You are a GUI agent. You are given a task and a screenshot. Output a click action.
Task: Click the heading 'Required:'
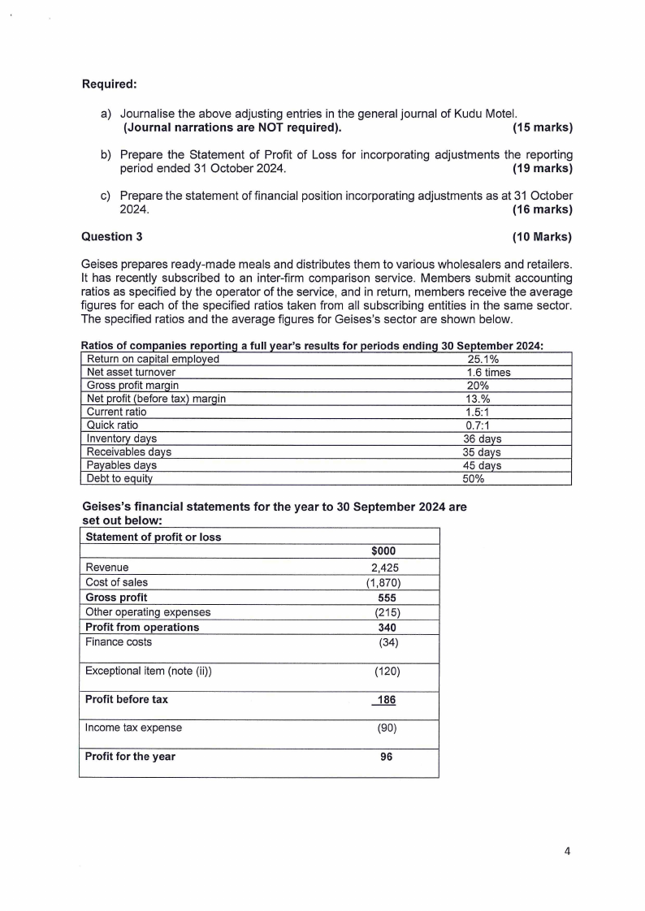click(109, 84)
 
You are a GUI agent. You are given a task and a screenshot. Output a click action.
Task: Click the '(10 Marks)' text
click(542, 236)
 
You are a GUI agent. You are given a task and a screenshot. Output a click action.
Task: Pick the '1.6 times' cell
click(483, 373)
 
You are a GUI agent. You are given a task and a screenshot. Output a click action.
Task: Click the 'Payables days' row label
click(121, 465)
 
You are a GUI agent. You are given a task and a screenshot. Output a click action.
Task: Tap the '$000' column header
click(383, 551)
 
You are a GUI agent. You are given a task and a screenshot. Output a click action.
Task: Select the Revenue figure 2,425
click(384, 568)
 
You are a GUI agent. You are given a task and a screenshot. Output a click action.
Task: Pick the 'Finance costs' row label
click(119, 641)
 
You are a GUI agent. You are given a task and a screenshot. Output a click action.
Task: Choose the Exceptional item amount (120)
click(384, 671)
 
